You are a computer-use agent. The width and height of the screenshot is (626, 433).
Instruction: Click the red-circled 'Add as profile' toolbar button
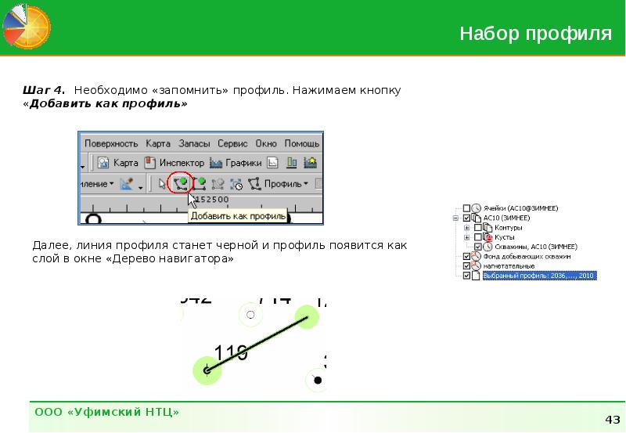click(181, 184)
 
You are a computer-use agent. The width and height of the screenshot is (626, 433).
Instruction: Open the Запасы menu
click(194, 144)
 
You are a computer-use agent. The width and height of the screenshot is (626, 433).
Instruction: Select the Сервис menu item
click(232, 144)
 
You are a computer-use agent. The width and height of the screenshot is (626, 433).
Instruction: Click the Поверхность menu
click(111, 144)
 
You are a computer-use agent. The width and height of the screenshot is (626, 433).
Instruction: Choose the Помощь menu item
click(300, 144)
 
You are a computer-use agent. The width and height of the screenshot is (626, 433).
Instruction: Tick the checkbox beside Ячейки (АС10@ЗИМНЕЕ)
click(467, 208)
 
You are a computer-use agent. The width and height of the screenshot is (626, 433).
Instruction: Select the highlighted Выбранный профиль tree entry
click(539, 276)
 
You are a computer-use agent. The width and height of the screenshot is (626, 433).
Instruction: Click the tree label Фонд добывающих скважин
click(527, 256)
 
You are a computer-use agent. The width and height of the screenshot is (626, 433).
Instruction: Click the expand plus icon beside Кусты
click(467, 236)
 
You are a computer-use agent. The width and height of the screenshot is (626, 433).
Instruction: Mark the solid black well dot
click(318, 381)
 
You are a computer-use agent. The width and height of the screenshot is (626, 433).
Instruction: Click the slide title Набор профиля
click(535, 34)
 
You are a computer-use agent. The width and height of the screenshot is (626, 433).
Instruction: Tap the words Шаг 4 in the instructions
click(44, 90)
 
